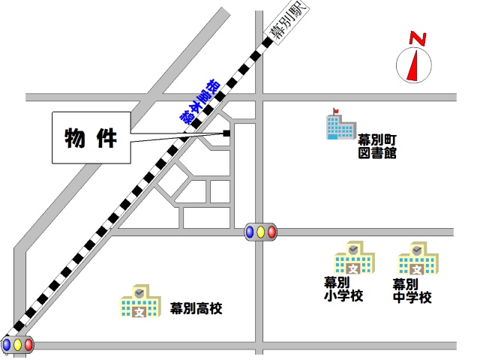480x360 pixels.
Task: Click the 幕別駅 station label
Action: point(289,23)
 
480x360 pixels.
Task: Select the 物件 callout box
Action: point(89,138)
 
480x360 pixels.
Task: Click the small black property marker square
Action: point(226,133)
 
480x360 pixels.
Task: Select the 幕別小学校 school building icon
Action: point(354,259)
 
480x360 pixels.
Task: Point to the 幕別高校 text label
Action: point(196,308)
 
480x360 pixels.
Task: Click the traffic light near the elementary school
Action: point(260,232)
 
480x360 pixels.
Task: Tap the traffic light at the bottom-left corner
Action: point(17,345)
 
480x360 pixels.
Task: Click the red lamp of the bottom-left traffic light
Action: point(28,345)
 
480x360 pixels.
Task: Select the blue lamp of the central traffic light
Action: point(250,232)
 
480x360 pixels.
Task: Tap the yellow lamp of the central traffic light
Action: point(260,232)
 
